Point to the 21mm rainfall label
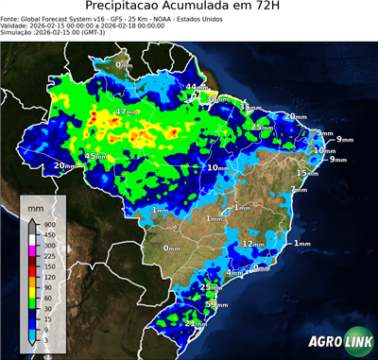coord(196,323)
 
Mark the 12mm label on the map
coord(253,244)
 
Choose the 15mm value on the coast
coord(307,173)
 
